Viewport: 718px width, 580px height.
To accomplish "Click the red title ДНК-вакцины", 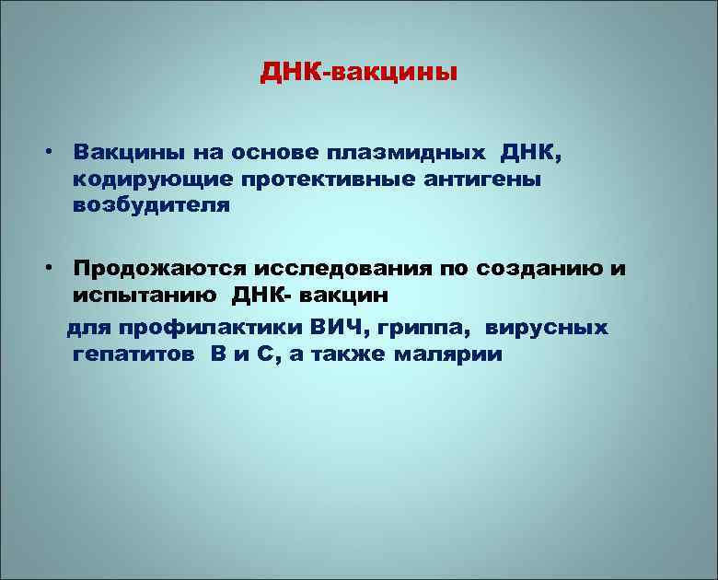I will pos(357,71).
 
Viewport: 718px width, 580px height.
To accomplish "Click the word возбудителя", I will pos(152,205).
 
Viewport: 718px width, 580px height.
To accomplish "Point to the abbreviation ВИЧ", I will pos(338,327).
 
